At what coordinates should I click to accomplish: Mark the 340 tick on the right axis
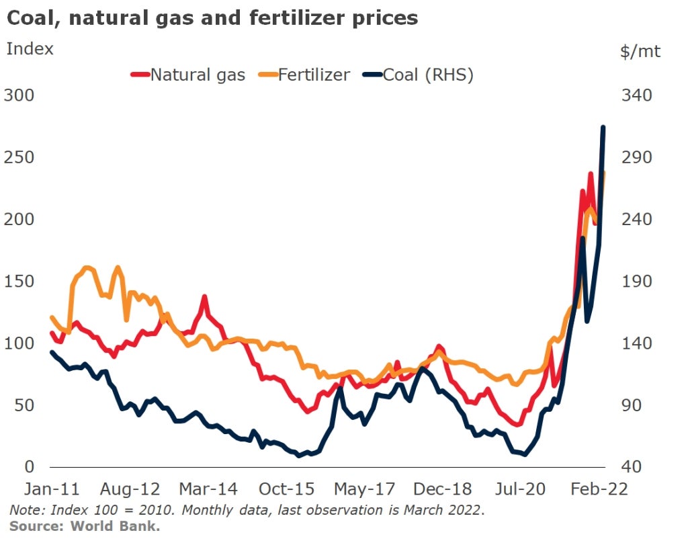click(x=636, y=95)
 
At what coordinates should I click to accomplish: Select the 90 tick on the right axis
click(x=632, y=406)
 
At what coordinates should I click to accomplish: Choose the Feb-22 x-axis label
click(x=599, y=489)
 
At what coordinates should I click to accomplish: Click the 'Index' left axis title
click(x=30, y=48)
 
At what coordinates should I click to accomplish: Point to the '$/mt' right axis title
click(x=640, y=52)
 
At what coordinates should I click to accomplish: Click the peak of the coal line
click(x=603, y=127)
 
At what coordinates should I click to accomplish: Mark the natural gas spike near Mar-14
click(x=204, y=296)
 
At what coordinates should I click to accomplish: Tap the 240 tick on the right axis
click(x=636, y=220)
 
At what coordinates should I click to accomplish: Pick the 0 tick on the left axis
click(x=28, y=467)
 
